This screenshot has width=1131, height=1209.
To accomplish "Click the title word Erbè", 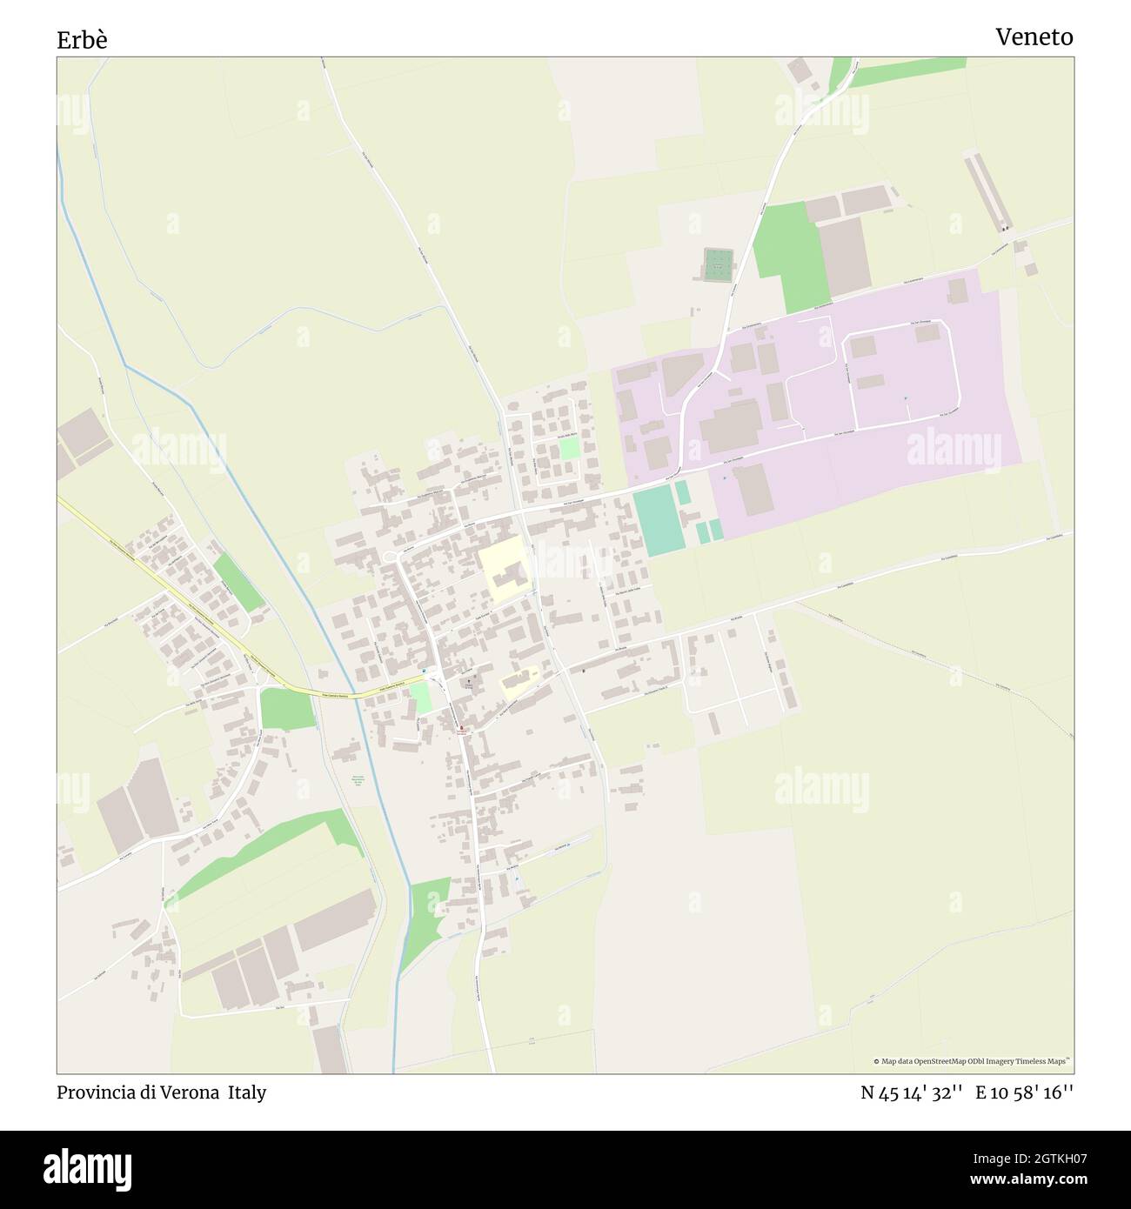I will [82, 40].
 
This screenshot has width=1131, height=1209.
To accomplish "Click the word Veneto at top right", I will [1034, 37].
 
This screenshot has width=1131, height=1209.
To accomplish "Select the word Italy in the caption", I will [247, 1092].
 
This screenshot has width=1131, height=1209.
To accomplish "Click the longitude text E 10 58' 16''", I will [1024, 1093].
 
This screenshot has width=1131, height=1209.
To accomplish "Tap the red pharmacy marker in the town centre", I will [461, 728].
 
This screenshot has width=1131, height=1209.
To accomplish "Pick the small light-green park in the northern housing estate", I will [569, 449].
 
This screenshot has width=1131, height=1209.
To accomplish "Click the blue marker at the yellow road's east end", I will [425, 671].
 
